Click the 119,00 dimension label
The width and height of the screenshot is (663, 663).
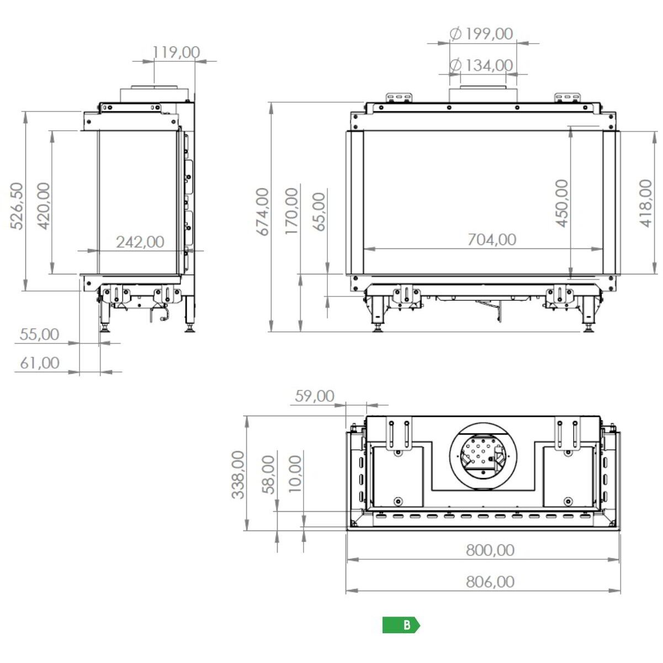[176, 52]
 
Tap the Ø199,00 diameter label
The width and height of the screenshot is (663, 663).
[481, 34]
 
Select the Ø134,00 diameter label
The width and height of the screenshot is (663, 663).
[481, 65]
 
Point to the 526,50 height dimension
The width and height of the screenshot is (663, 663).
[17, 206]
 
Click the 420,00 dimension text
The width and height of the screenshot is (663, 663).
[44, 206]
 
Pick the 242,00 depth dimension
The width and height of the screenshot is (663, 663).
[140, 242]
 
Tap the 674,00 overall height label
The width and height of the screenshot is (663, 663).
[263, 211]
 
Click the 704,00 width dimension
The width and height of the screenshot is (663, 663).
[492, 240]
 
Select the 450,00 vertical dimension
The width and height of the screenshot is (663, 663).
[562, 203]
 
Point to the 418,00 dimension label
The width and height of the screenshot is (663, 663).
[646, 203]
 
